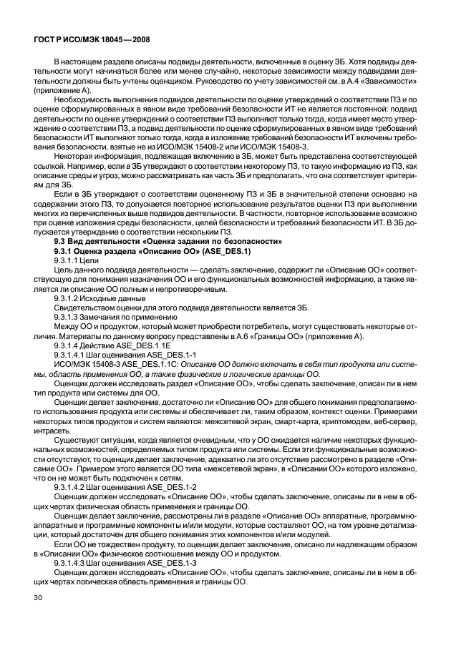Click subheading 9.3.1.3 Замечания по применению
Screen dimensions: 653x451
pos(114,316)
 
